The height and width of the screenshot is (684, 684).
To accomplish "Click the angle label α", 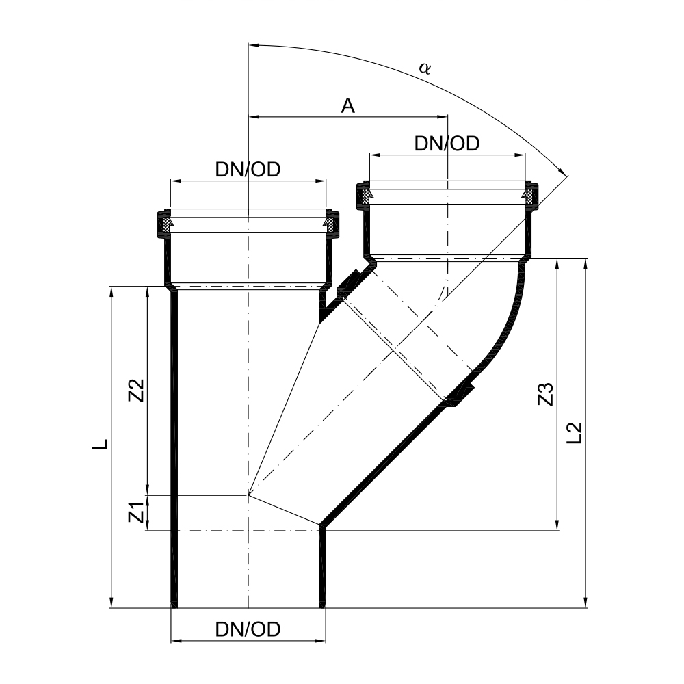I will coord(425,67).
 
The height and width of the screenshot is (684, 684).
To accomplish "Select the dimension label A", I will coord(347,105).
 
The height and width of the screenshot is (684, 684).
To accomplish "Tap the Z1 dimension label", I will coord(137,512).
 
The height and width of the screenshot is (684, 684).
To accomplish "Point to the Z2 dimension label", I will coord(137,391).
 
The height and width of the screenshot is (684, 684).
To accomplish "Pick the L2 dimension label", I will coord(576,432).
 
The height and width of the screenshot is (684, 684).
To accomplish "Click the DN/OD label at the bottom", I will coord(248,629).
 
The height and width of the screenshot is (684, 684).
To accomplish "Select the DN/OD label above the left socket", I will coord(248,170).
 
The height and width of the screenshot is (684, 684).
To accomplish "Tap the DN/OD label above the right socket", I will coord(447,144).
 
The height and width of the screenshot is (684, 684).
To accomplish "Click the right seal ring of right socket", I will coord(530,196).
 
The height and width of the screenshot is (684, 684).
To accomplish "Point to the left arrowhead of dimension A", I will coord(253,117).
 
